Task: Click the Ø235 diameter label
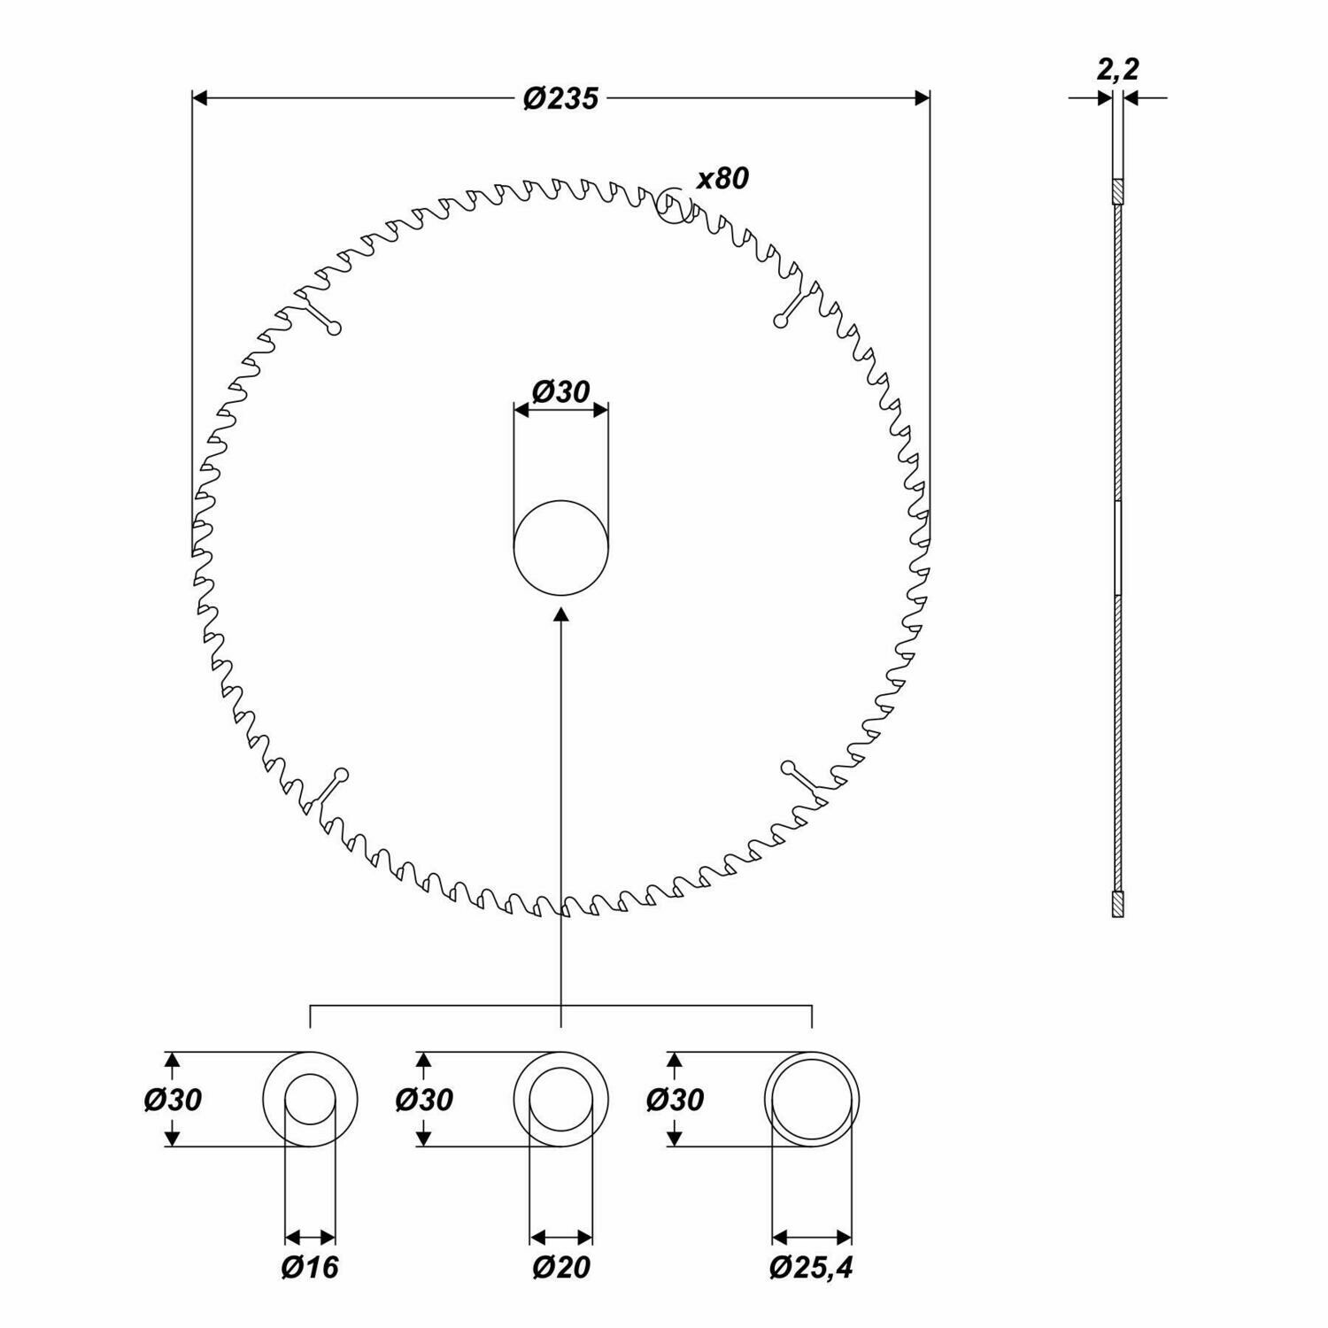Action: pos(560,97)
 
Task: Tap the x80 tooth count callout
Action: pos(722,178)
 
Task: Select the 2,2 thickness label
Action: pos(1117,70)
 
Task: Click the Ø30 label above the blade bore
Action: pos(560,391)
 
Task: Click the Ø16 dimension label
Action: pos(310,1267)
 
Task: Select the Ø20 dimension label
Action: pos(561,1267)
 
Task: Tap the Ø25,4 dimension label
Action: pos(812,1267)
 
